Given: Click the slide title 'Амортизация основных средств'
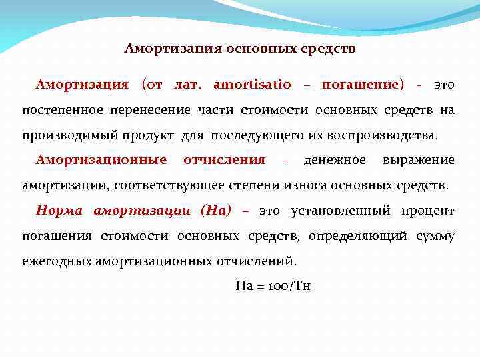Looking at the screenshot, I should tap(240, 49).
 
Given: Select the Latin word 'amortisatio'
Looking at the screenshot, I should tap(252, 85).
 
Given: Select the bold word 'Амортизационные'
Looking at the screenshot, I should tap(101, 161).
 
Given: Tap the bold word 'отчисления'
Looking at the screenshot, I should tap(224, 161).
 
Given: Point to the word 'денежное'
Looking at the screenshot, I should tap(335, 161).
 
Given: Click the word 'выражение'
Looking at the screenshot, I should tap(419, 161).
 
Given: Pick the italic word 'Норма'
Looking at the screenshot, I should tap(59, 211).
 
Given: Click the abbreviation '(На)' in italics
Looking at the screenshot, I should tap(215, 211).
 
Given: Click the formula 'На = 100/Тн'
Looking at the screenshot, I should tap(273, 286).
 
